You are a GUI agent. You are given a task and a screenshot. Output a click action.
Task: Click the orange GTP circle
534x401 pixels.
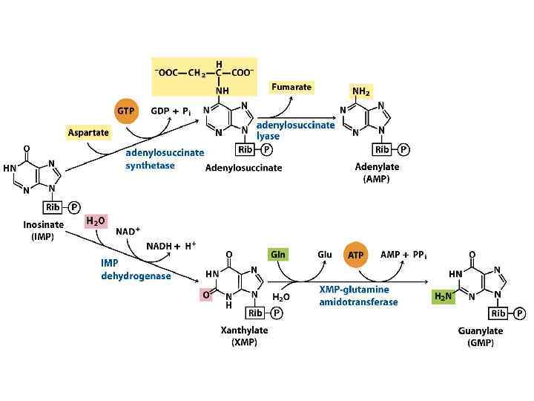tap(127, 111)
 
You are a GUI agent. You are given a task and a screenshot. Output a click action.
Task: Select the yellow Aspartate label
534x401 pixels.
tap(88, 132)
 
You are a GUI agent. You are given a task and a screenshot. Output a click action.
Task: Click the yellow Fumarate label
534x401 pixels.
tap(291, 87)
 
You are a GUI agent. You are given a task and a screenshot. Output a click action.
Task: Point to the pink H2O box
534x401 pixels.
tap(96, 221)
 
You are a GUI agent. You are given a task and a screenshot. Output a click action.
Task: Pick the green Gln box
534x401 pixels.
tap(278, 254)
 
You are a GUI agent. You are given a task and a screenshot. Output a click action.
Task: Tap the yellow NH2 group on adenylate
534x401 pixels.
tap(361, 92)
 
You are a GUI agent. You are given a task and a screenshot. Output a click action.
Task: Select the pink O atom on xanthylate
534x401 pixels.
tap(207, 295)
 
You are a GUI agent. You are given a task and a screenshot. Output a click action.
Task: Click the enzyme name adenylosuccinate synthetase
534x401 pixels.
tap(164, 159)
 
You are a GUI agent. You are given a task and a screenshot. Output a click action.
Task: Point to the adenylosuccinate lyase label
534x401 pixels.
tap(295, 131)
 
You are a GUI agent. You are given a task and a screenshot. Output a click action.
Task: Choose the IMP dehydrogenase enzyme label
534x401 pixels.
tap(136, 269)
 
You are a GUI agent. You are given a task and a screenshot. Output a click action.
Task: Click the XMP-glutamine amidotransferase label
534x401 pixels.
tap(359, 296)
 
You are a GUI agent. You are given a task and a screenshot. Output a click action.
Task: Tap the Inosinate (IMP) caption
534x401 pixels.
tap(42, 230)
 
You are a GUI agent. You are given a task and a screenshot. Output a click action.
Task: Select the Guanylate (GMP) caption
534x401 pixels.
tap(481, 337)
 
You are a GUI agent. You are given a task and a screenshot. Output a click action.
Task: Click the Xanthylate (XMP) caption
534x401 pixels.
tap(244, 336)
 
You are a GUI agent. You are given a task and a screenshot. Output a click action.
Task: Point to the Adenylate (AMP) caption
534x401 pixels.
tap(377, 173)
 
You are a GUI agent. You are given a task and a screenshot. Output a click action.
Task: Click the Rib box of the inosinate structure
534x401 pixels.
tap(53, 207)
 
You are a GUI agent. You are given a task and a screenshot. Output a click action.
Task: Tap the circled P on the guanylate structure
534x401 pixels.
tap(519, 313)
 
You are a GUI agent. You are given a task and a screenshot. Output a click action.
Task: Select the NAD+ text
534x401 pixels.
tap(128, 231)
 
